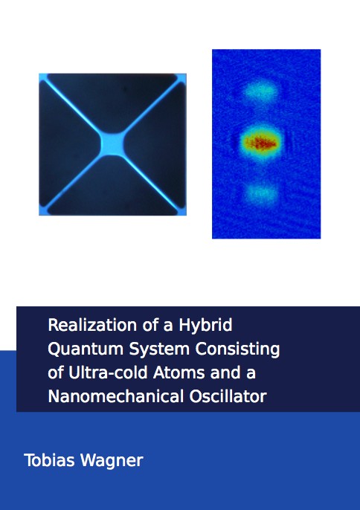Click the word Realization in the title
(92, 325)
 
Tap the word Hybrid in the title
(205, 326)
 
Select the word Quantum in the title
(86, 349)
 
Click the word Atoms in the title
(179, 372)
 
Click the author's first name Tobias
(50, 460)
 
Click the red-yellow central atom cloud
(261, 143)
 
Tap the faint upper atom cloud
(261, 91)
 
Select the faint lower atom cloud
(261, 193)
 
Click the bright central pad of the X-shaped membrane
(112, 143)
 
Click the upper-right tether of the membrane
(150, 106)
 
